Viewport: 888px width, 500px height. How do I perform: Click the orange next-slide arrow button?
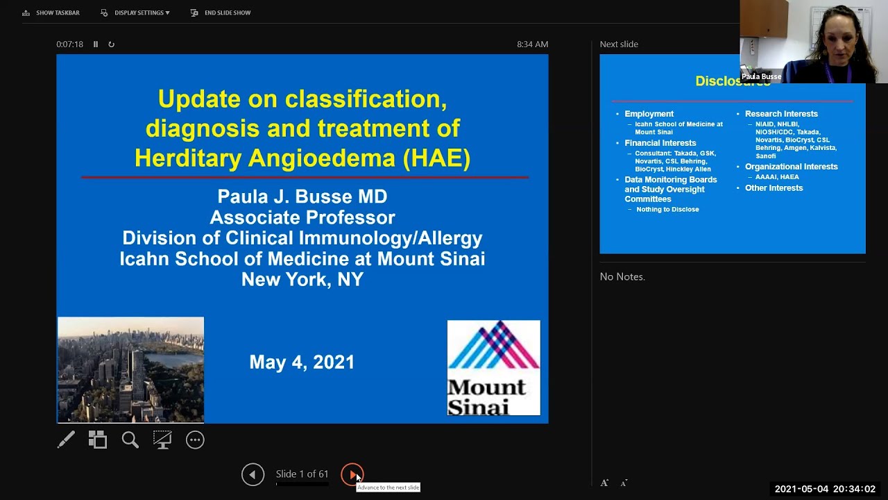pyautogui.click(x=352, y=474)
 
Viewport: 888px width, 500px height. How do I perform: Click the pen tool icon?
pyautogui.click(x=66, y=440)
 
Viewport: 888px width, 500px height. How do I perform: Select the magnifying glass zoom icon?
pyautogui.click(x=130, y=440)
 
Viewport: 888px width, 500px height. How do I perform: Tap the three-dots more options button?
pyautogui.click(x=195, y=440)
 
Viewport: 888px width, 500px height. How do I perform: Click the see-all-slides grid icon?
pyautogui.click(x=98, y=440)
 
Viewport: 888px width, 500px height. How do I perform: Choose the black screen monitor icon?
pyautogui.click(x=162, y=440)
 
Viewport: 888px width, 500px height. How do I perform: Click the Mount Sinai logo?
pyautogui.click(x=493, y=368)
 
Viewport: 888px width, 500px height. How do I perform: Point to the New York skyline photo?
pyautogui.click(x=130, y=369)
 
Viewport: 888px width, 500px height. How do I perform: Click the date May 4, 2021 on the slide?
pyautogui.click(x=302, y=362)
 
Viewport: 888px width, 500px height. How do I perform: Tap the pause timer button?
pyautogui.click(x=96, y=44)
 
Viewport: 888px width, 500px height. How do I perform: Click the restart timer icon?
pyautogui.click(x=111, y=44)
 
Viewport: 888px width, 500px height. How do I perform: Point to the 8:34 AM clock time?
pyautogui.click(x=532, y=44)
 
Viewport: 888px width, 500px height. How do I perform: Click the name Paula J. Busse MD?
pyautogui.click(x=302, y=197)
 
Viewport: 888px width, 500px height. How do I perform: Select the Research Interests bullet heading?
pyautogui.click(x=781, y=114)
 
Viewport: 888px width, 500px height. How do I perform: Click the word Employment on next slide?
pyautogui.click(x=649, y=114)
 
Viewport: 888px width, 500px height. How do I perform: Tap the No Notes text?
pyautogui.click(x=622, y=276)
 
